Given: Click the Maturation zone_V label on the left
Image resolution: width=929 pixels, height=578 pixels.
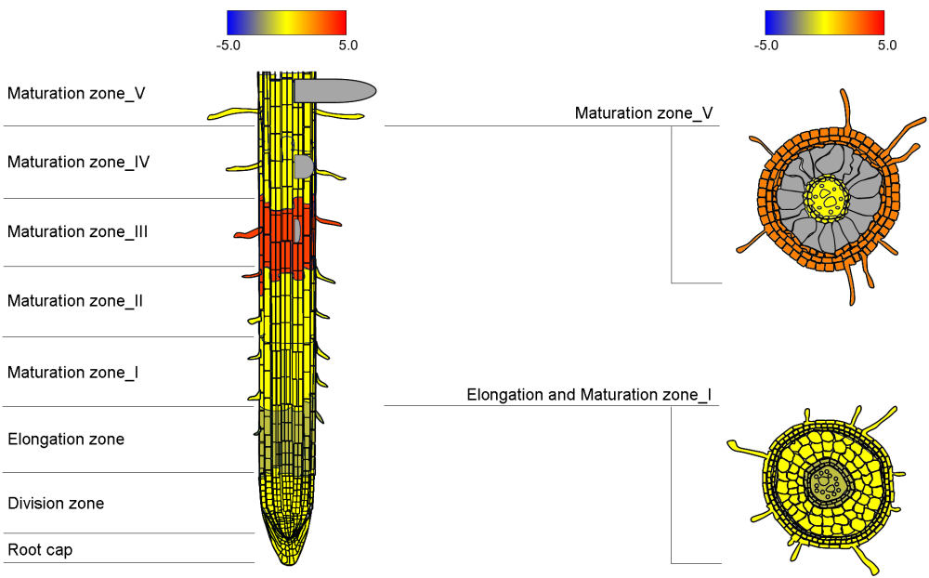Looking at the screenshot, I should (76, 93).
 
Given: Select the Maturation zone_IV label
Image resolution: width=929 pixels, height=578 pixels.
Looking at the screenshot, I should (78, 162).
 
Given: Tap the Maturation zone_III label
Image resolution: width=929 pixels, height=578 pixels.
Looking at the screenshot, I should (77, 231).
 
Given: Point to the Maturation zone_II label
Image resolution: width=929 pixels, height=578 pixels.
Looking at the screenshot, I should (75, 301).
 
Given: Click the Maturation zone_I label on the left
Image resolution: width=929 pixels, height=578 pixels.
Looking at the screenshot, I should (72, 373).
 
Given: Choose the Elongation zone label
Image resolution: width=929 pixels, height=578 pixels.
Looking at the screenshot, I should (65, 439).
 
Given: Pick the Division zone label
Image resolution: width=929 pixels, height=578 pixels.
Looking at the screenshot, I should (55, 504).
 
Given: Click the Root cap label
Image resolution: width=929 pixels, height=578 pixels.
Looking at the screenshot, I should (40, 550).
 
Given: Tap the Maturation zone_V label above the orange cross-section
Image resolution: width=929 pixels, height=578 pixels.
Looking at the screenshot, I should (643, 113).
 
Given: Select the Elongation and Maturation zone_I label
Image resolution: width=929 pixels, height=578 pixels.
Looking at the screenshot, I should (589, 395).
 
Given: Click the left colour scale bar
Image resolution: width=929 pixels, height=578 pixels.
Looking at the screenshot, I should (286, 22).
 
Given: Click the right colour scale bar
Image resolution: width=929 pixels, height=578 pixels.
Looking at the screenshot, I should (824, 22).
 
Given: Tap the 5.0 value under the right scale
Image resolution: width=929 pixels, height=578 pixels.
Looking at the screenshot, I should (887, 45).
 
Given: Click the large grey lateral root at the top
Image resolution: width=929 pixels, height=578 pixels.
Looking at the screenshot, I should (334, 90).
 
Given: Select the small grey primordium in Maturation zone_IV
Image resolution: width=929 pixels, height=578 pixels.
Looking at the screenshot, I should (303, 166).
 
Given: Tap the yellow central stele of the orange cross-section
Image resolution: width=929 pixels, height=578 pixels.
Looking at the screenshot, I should (826, 197).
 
